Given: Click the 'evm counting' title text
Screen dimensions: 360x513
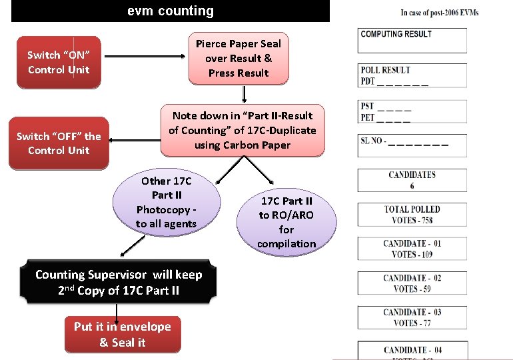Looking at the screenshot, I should click(171, 11).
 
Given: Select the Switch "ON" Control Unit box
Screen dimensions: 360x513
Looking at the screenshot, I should click(59, 62).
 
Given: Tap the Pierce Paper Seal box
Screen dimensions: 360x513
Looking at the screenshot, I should click(239, 59).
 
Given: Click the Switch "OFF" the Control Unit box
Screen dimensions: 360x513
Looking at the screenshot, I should click(59, 143).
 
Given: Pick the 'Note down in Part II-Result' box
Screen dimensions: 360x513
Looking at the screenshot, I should click(243, 130).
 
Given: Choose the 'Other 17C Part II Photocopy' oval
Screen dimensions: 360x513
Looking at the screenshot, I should click(167, 202).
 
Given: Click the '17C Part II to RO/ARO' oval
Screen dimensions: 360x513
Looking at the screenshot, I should click(286, 221).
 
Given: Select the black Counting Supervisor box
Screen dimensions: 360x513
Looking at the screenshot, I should click(119, 282).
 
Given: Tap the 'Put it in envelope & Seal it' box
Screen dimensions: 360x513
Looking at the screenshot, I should click(123, 334).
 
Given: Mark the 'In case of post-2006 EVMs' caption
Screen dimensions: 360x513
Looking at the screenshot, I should click(440, 13).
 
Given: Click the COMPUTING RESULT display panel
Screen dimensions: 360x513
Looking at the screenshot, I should click(412, 40).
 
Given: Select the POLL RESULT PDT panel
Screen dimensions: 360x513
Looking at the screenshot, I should click(412, 75).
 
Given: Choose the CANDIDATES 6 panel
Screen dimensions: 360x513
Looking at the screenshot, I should click(412, 180).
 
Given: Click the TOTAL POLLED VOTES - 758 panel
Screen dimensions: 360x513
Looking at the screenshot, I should click(412, 214).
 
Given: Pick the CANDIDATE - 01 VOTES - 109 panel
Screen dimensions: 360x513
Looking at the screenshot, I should click(412, 249).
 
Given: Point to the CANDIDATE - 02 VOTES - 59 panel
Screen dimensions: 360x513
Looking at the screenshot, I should click(412, 283).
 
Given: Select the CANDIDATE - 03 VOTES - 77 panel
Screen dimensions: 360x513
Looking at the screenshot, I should click(412, 317).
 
